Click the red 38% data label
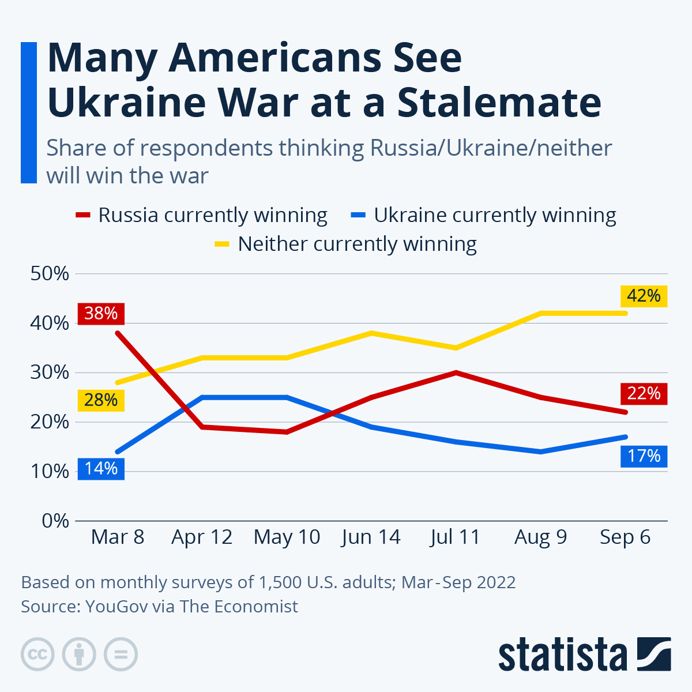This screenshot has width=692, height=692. click(x=101, y=313)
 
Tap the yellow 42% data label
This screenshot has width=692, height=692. click(x=644, y=296)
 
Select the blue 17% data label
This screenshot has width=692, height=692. click(x=644, y=456)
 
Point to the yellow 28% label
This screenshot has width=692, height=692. click(x=101, y=400)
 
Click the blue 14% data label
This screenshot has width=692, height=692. click(x=101, y=468)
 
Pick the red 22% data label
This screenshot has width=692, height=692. click(x=644, y=393)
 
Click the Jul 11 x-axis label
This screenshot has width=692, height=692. click(x=455, y=537)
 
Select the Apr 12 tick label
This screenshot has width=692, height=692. click(x=202, y=537)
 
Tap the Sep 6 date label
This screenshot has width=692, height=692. click(x=625, y=537)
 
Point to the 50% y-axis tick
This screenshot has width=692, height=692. click(x=50, y=273)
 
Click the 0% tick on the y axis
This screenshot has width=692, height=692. click(x=55, y=521)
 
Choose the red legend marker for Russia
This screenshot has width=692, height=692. click(x=83, y=215)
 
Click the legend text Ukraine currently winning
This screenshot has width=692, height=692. click(x=495, y=215)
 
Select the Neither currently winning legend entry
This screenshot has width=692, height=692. click(x=357, y=244)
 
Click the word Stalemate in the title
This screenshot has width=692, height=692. click(x=499, y=102)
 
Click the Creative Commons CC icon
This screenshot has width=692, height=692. click(x=37, y=655)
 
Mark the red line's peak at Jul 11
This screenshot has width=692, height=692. click(x=456, y=373)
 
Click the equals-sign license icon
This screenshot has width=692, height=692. click(x=121, y=655)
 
